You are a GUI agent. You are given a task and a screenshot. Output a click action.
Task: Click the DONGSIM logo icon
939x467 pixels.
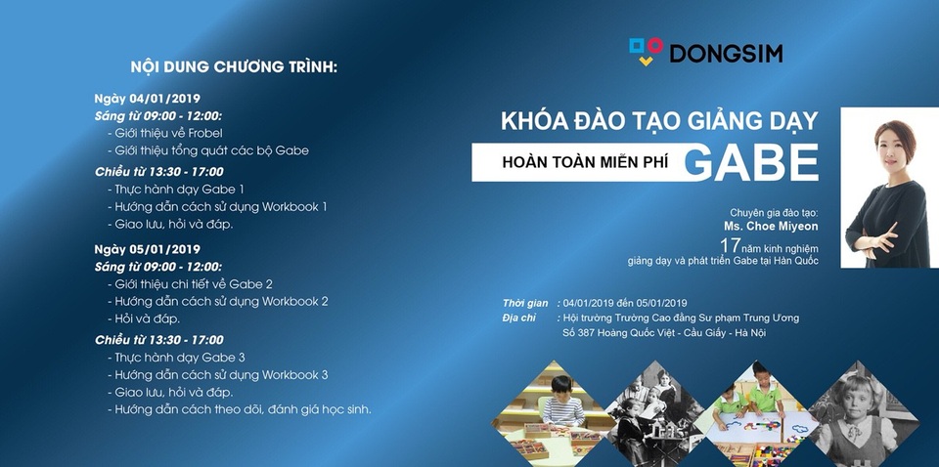coord(646,51)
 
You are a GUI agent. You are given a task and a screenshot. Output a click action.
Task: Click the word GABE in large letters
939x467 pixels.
coord(750,161)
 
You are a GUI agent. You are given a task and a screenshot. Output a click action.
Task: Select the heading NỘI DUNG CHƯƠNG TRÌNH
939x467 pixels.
coord(234,67)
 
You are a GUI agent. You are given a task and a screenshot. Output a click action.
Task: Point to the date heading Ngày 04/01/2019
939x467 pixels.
coord(147,100)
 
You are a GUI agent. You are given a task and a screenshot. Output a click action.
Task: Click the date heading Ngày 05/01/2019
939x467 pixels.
coord(147,249)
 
